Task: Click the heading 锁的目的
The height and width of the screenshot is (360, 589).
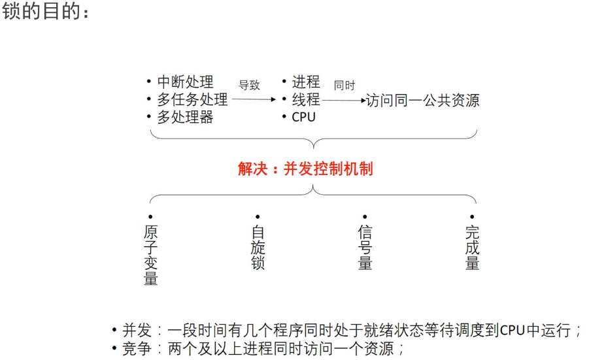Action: coord(45,12)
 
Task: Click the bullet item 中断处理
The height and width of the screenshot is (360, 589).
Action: coord(185,82)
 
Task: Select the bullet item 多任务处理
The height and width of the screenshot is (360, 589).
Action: coord(192,100)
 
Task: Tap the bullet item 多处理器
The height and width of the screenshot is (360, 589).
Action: coord(185,118)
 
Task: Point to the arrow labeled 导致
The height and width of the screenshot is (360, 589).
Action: coord(254,100)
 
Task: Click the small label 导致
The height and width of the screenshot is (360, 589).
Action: coord(249,85)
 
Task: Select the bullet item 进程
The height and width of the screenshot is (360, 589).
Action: coord(305,82)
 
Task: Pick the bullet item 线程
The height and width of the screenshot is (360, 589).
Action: coord(305,99)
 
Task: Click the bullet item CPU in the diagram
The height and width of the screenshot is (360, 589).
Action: coord(303,118)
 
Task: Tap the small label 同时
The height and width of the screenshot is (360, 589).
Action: coord(345,85)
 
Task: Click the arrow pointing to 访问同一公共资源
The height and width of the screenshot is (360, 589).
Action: coord(344,101)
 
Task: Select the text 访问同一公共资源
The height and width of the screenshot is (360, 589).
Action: coord(423,101)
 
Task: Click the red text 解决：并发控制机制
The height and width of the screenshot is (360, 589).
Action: coord(305,169)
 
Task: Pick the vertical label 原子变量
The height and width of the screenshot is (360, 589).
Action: coord(150,255)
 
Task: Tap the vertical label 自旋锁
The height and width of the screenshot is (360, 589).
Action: coord(258,248)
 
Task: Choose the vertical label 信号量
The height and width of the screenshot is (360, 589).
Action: coord(365,248)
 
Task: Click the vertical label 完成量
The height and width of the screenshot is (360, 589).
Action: coord(472,248)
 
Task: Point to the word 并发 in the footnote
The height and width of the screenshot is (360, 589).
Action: coord(135,330)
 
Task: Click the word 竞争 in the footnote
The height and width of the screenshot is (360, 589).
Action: coord(135,348)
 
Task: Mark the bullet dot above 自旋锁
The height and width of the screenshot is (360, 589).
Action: coord(258,216)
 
